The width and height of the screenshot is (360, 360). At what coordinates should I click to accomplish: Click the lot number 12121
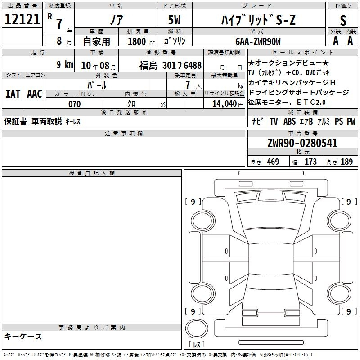(22, 19)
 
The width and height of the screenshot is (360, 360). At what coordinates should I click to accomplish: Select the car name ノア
(117, 20)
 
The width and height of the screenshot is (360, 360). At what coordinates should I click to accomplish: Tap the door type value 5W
(174, 20)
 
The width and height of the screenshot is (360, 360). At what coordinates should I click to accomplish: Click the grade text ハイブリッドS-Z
(258, 20)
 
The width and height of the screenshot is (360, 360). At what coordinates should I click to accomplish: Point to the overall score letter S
(343, 20)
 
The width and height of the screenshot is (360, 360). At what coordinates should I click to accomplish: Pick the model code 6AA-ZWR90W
(258, 41)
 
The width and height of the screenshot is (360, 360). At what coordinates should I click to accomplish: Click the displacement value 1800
(137, 41)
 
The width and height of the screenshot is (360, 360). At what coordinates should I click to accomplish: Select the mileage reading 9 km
(65, 64)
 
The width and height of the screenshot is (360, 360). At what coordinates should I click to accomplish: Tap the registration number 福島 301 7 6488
(171, 65)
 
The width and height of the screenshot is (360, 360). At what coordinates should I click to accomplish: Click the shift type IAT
(13, 94)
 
